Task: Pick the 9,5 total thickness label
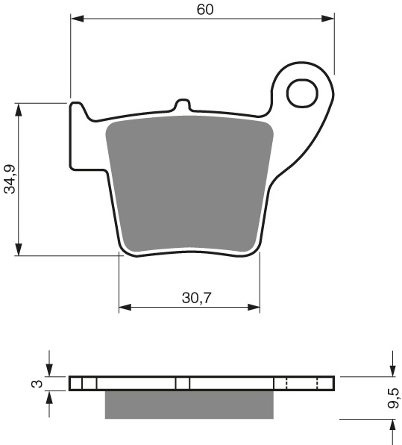coord(394,396)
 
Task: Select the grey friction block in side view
coord(189,404)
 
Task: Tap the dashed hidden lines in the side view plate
coord(302,383)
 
